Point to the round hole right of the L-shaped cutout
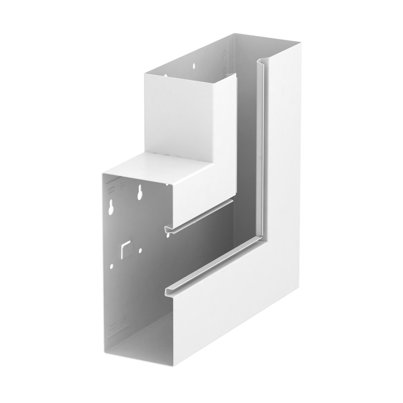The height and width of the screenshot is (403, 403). (x=140, y=250)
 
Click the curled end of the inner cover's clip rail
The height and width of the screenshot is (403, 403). (x=168, y=229)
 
